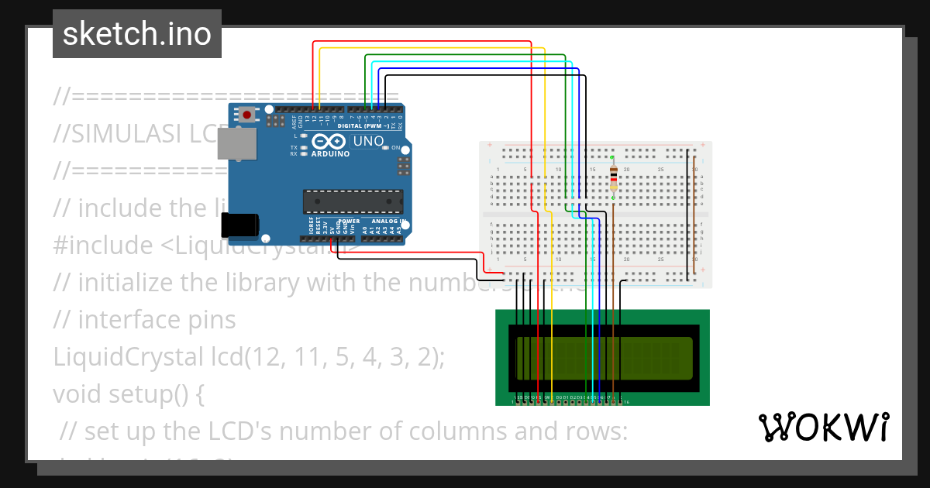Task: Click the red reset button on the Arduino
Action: point(246,115)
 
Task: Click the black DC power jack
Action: point(240,225)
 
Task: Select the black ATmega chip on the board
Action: point(353,201)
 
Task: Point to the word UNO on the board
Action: point(368,142)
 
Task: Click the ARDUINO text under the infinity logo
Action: point(330,153)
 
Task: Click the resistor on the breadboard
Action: point(614,177)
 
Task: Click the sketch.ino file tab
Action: point(137,34)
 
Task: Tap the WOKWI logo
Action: point(824,427)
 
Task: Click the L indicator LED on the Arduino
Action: point(304,136)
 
